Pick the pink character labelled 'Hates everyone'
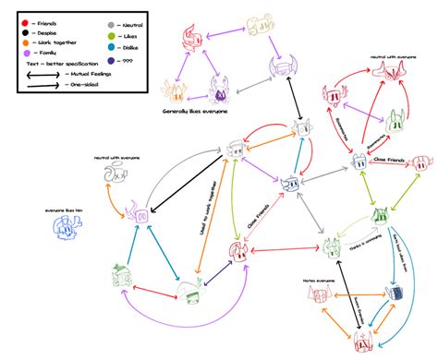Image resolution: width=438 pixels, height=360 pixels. click(312, 294)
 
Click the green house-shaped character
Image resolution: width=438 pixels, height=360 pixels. click(120, 273)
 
